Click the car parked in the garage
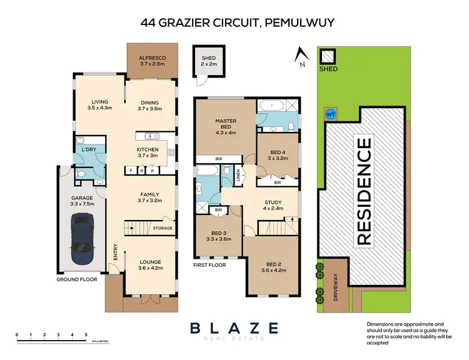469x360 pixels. pyautogui.click(x=83, y=239)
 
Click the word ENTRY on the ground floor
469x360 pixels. pyautogui.click(x=115, y=251)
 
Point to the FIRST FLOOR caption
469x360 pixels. pyautogui.click(x=208, y=264)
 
